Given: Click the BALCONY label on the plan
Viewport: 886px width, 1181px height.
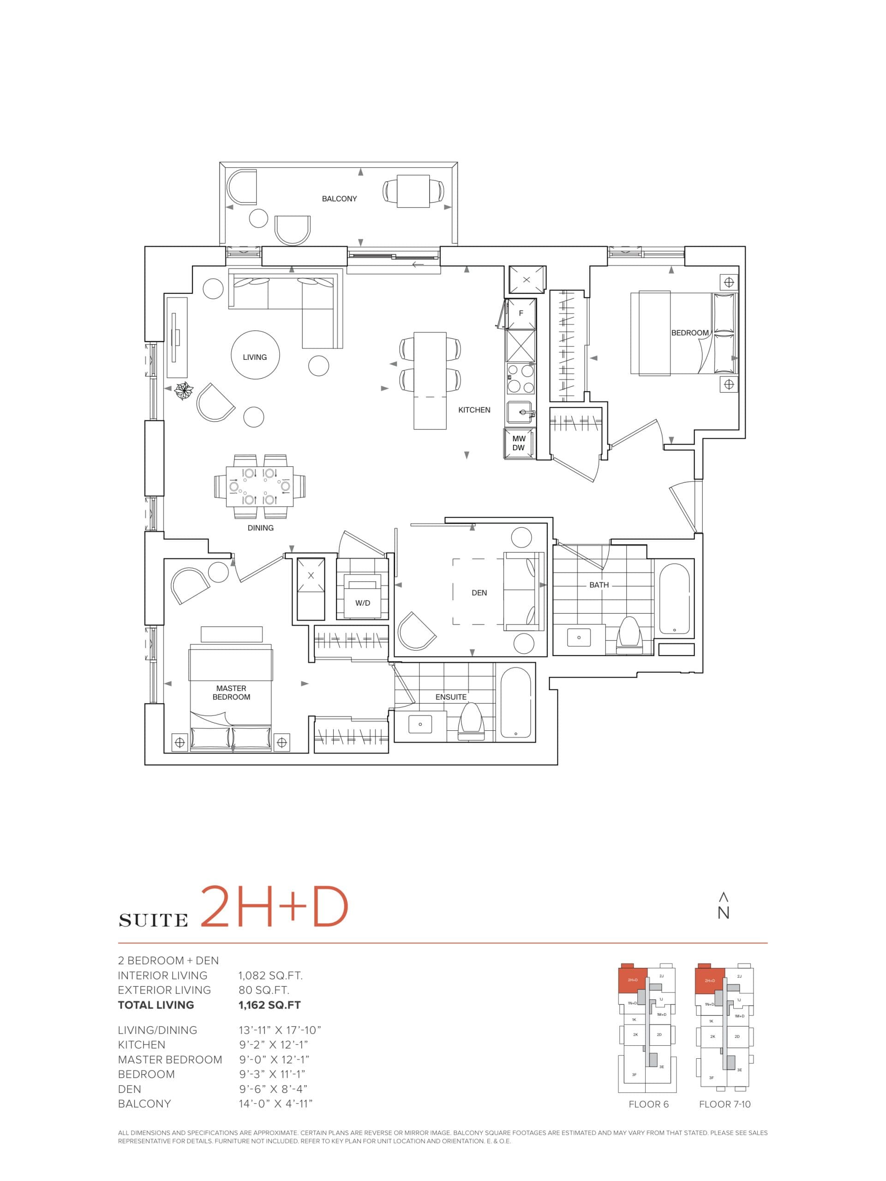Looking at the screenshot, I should tap(339, 199).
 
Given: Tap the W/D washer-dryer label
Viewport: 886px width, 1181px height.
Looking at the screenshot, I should tap(363, 603).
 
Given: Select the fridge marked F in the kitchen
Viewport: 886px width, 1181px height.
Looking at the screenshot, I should tap(521, 313).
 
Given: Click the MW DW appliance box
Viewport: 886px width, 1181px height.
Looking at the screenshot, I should tap(519, 443).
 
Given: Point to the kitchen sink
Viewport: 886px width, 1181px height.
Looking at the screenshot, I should tap(519, 412).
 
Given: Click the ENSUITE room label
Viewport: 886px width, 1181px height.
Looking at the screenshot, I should tap(451, 697).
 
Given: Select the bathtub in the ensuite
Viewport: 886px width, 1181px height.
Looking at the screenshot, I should tap(515, 702).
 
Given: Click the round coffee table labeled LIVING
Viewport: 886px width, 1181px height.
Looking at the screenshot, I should tap(255, 357).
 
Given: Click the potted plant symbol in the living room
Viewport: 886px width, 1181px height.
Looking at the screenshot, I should tap(184, 391).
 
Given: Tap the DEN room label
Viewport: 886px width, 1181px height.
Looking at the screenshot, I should tap(479, 593).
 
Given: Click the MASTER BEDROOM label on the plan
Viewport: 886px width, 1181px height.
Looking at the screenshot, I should tap(231, 692).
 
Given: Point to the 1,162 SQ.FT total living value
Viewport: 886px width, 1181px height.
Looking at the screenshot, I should tap(269, 1005).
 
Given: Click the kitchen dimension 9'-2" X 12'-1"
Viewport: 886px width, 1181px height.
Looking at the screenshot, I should tap(274, 1045).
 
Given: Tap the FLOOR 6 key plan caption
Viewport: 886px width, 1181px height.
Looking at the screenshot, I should tap(648, 1104).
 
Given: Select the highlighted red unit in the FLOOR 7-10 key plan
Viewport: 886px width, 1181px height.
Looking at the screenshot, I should tap(709, 980).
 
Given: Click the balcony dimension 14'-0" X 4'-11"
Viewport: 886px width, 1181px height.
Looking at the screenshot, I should tap(275, 1103).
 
